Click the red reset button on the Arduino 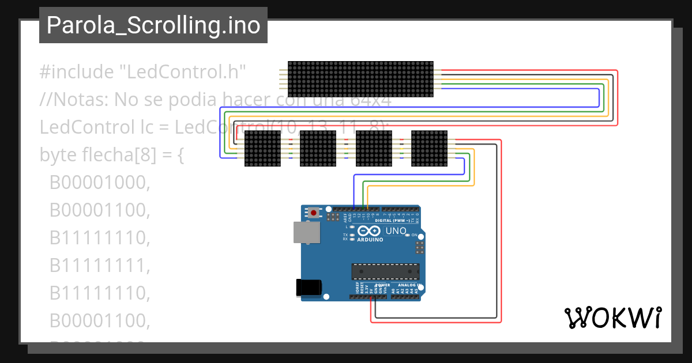click(313, 213)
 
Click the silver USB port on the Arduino click(307, 232)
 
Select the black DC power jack click(308, 288)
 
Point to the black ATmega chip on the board click(386, 271)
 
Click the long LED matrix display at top click(360, 79)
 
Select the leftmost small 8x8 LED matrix click(262, 149)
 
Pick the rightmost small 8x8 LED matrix click(429, 149)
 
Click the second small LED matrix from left click(318, 149)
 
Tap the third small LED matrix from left click(374, 149)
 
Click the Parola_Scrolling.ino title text click(153, 25)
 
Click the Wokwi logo click(612, 317)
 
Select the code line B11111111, click(100, 266)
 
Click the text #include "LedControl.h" click(143, 72)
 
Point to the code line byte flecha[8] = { click(111, 155)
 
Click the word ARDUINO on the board click(370, 239)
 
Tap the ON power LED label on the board click(414, 235)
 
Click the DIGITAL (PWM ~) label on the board click(392, 221)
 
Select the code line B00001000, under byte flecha click(100, 183)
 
